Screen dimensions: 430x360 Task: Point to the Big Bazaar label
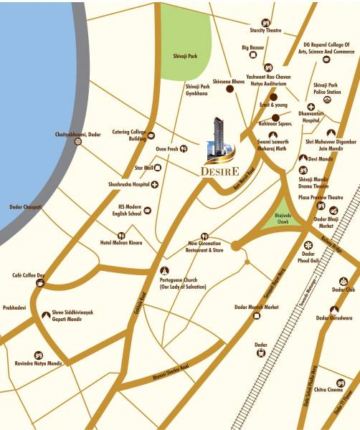[x=253, y=48]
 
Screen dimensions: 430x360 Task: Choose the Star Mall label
[x=144, y=168]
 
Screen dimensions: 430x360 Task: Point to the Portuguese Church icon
[x=164, y=270]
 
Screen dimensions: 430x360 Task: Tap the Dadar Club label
[x=344, y=290]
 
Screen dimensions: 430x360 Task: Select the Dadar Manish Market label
[x=256, y=307]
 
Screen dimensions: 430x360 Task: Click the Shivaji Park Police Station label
[x=327, y=88]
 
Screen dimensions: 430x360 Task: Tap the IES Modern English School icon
[x=148, y=210]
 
